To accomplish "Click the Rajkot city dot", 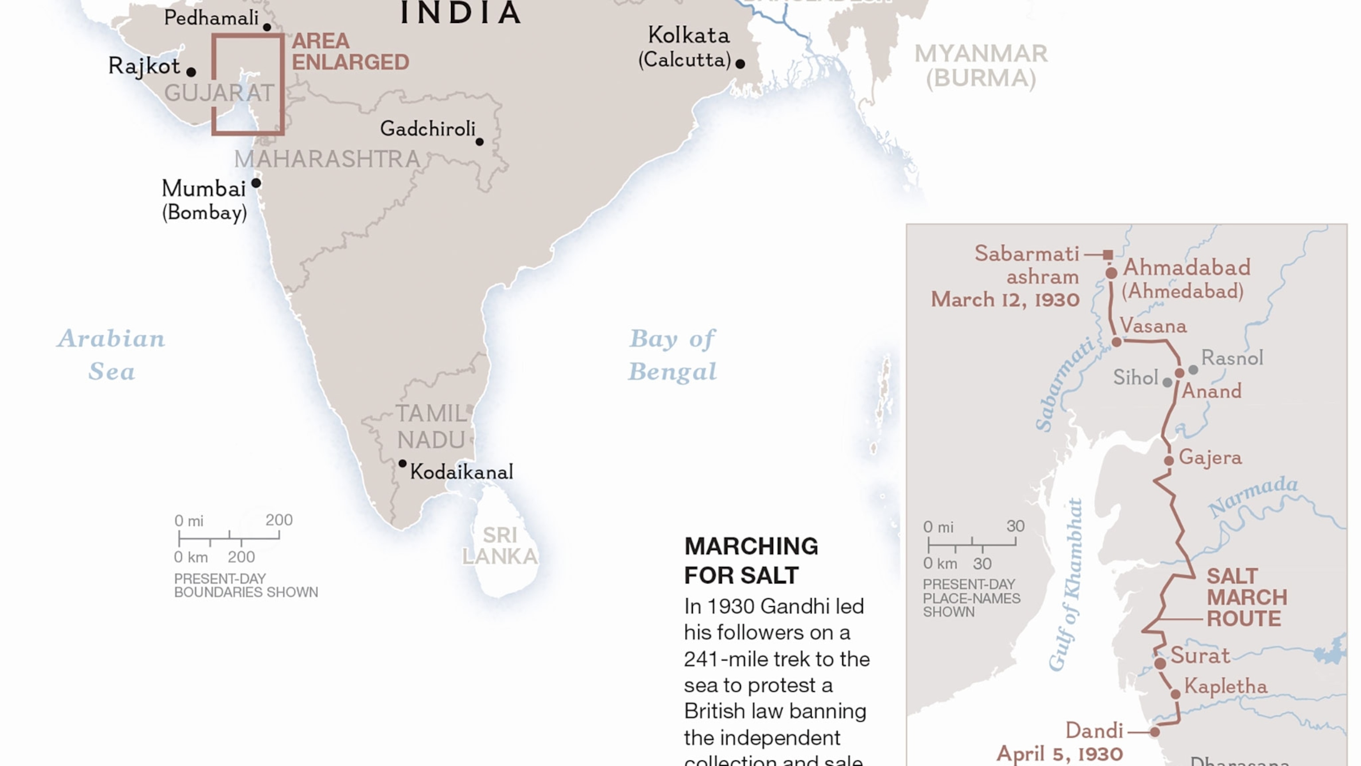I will point(191,72).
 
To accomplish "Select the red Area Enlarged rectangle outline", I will point(214,85).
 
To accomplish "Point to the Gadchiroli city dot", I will point(479,142).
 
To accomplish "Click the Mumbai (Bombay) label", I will point(204,200).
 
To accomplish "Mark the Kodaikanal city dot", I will point(403,464).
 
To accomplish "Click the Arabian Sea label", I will point(112,354).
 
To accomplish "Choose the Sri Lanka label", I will point(500,546).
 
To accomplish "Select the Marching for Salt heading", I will point(751,560).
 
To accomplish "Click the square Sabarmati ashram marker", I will point(1108,255).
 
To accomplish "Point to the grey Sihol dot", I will point(1167,383).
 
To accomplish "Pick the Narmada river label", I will point(1253,496).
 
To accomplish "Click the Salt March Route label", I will point(1246,598).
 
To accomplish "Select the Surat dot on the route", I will point(1160,664).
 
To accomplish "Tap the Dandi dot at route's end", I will point(1155,732).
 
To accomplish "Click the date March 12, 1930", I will point(1005,300).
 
